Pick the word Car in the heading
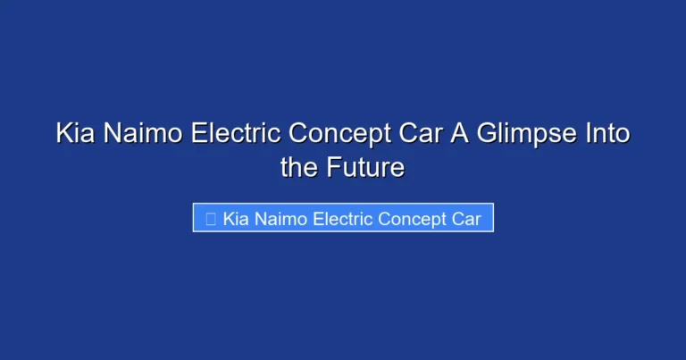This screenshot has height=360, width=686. [414, 135]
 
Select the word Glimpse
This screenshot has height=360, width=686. [523, 136]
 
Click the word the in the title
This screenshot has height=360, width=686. [299, 167]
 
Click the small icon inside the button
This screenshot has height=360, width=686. [210, 219]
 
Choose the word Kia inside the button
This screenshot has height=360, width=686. [236, 219]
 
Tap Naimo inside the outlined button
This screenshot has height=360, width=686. [280, 219]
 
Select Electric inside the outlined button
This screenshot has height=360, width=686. [344, 219]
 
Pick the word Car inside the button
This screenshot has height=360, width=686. [471, 219]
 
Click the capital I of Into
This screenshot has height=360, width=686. [583, 135]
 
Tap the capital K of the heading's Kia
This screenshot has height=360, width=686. [64, 135]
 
